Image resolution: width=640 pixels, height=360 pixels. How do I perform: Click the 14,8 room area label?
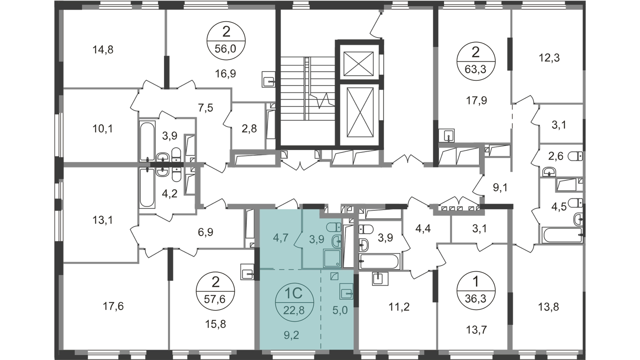(103, 50)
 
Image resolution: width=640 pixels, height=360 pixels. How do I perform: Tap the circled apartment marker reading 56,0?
(226, 40)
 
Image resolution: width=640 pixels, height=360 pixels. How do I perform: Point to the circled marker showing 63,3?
(476, 62)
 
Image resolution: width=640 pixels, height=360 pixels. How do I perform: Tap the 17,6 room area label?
(113, 307)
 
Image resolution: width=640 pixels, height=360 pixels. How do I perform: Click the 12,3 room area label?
(549, 58)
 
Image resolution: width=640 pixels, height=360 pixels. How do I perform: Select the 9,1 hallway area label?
(500, 188)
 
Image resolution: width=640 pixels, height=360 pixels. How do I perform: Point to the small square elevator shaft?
(358, 64)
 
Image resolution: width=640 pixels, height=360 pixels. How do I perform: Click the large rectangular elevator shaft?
(360, 112)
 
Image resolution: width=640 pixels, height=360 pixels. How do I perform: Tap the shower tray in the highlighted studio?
(332, 258)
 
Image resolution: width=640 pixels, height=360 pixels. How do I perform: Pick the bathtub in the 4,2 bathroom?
(148, 188)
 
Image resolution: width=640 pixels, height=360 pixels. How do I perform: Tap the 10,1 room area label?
(102, 129)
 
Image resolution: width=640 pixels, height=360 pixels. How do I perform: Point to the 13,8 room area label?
(548, 307)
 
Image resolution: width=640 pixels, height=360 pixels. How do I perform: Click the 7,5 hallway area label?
(206, 108)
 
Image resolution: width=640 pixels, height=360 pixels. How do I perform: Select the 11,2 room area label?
(399, 307)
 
